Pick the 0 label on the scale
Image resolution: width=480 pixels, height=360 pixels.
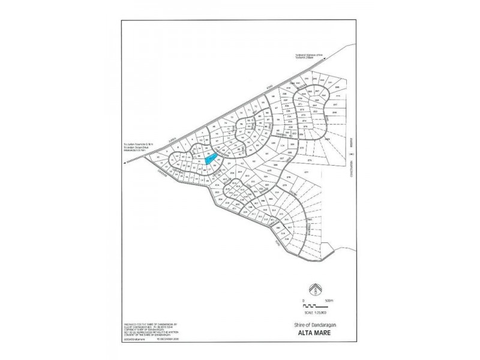click(x=304, y=300)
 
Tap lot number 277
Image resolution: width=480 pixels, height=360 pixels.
click(x=305, y=173)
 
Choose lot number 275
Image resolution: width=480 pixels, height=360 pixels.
click(x=310, y=161)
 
